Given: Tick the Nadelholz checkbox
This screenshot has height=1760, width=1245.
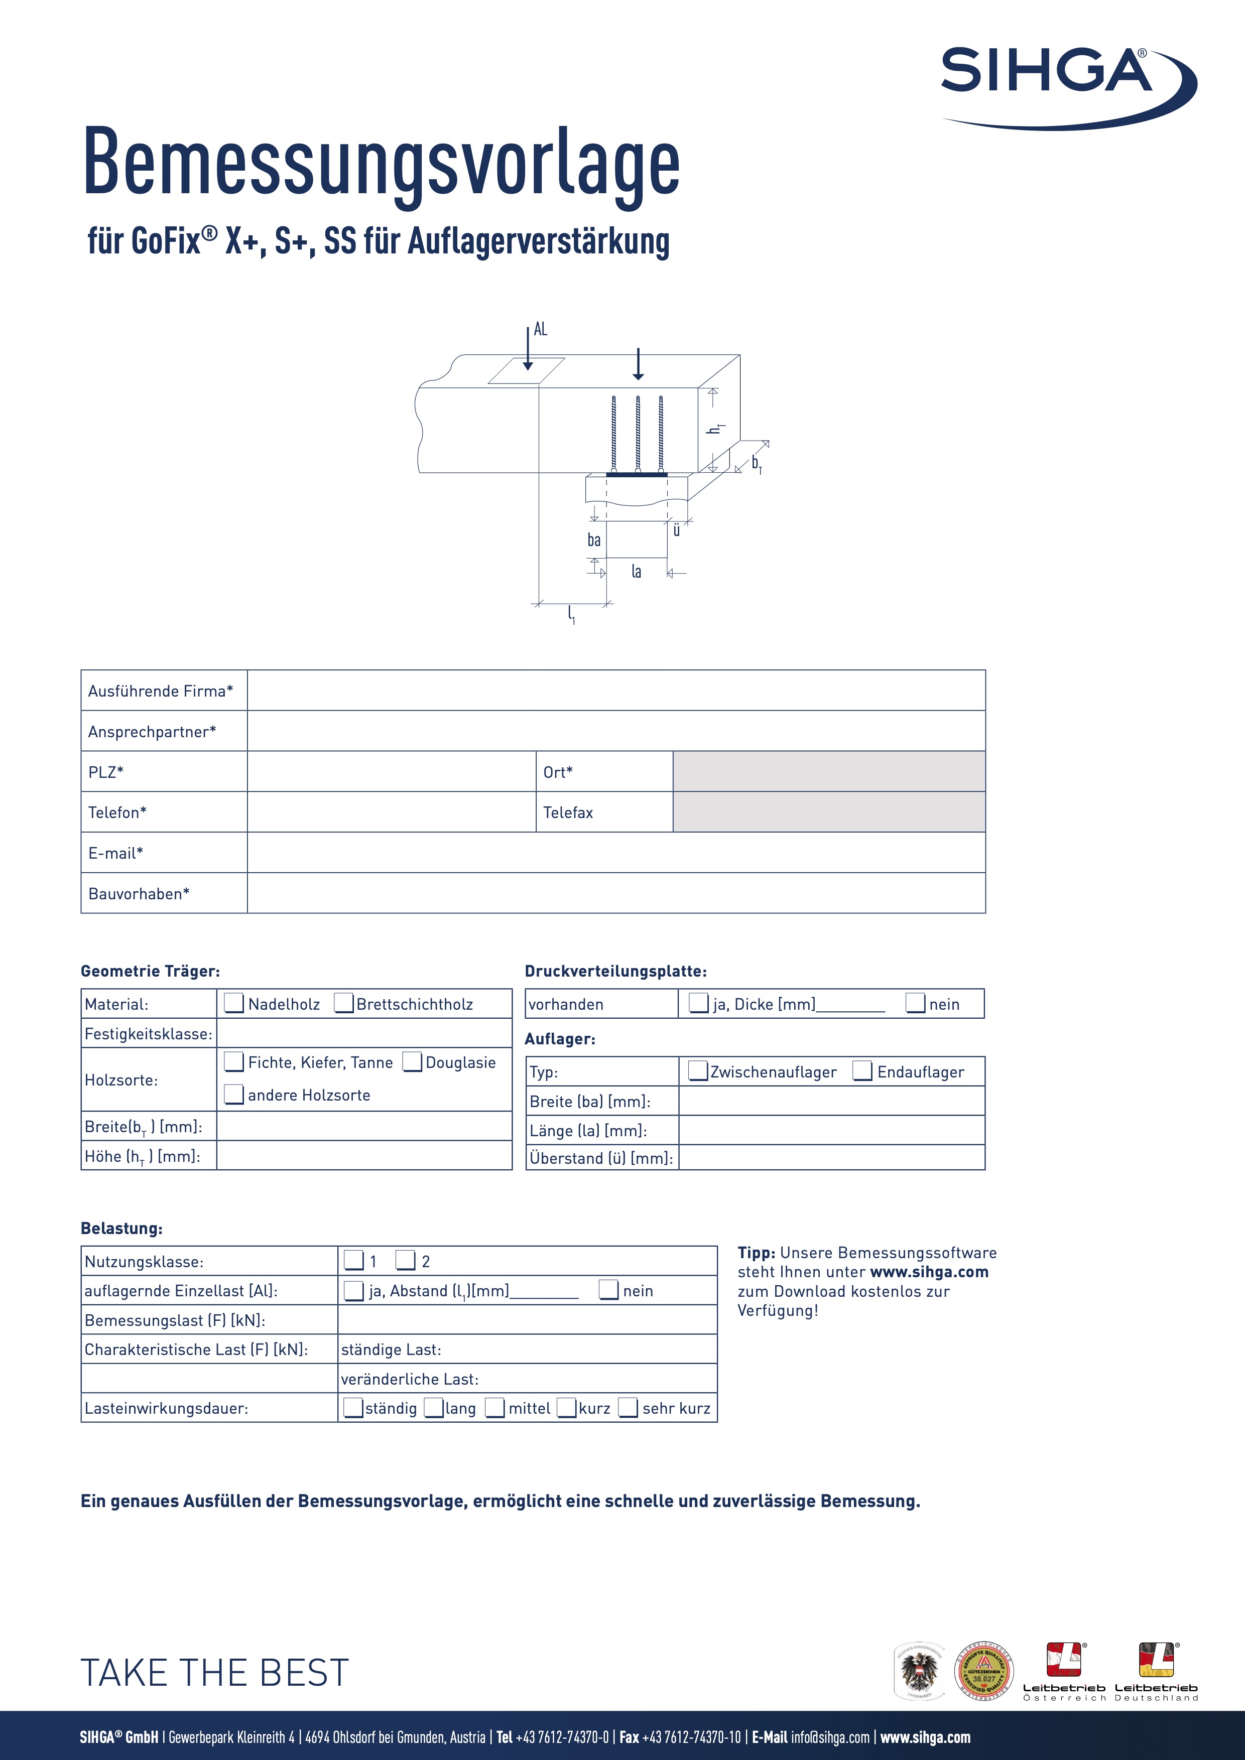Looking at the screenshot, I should tap(234, 1003).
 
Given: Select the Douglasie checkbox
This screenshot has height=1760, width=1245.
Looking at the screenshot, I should tap(413, 1062).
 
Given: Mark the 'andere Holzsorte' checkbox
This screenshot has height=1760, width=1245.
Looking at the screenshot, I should tap(234, 1094).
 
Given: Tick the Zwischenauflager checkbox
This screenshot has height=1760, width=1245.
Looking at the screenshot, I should tap(698, 1071).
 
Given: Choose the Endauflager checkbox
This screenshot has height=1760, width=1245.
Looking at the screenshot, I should tap(863, 1071).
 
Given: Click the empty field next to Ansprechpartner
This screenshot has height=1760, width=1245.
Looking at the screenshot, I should tap(615, 731).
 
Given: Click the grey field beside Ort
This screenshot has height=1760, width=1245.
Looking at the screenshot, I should tap(829, 771).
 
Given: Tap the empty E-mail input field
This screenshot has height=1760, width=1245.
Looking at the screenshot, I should tap(615, 853).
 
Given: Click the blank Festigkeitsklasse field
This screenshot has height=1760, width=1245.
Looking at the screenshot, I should tap(364, 1033).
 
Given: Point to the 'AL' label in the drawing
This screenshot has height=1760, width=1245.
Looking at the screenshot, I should tap(541, 330).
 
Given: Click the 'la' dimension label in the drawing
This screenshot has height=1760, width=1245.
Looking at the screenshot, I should tap(636, 571).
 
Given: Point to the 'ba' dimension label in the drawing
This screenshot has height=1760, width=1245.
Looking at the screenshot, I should tap(594, 540).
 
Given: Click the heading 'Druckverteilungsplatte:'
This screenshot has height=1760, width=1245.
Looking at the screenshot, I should tap(615, 971).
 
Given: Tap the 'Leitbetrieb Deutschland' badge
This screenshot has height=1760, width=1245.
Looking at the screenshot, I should tap(1156, 1672).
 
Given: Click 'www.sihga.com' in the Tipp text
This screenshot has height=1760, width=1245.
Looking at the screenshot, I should tap(929, 1272).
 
